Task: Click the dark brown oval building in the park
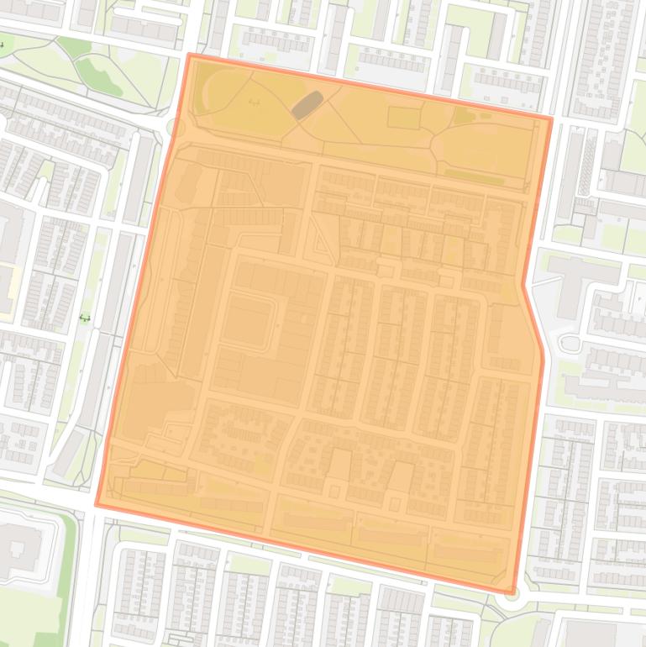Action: coord(305,105)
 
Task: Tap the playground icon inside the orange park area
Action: coord(255,103)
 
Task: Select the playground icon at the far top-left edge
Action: coord(3,45)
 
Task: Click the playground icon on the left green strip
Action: coord(85,318)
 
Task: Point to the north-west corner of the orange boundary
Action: coord(191,55)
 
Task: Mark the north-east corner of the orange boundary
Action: coord(550,118)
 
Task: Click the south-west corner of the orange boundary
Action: coord(97,505)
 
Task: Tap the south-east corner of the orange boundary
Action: coord(512,592)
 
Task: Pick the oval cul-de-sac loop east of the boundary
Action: coord(570,344)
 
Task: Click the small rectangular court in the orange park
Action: coord(403,118)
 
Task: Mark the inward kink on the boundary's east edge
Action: coord(524,284)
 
